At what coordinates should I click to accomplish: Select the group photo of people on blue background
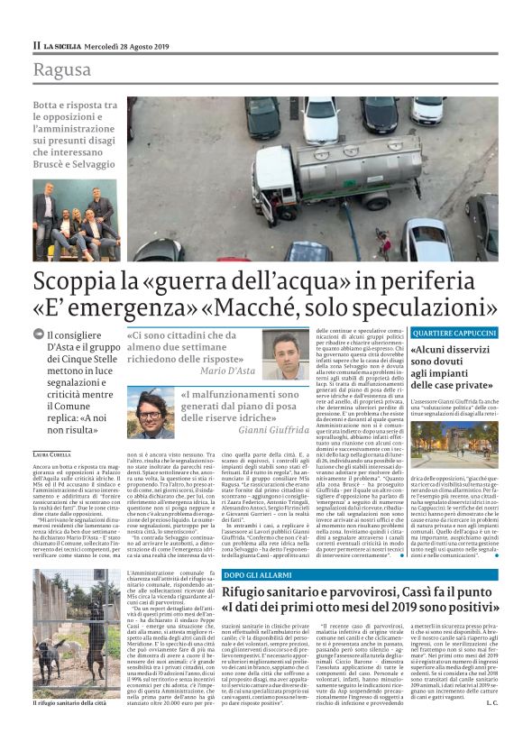[75, 224]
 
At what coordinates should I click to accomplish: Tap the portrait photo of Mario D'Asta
[285, 354]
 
